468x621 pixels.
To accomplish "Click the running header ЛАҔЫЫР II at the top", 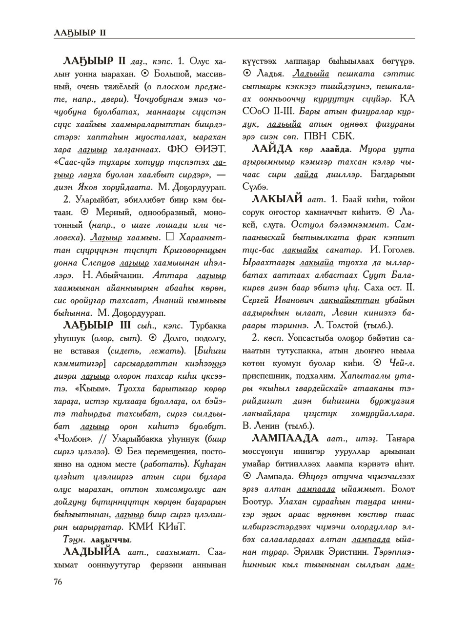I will click(x=80, y=33).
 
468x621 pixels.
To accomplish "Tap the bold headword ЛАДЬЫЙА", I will click(x=92, y=552).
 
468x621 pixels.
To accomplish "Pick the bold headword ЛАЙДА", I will click(x=272, y=149).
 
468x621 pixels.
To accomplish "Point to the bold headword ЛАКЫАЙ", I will click(x=279, y=199).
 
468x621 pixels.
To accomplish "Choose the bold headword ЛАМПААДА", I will click(x=285, y=438).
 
